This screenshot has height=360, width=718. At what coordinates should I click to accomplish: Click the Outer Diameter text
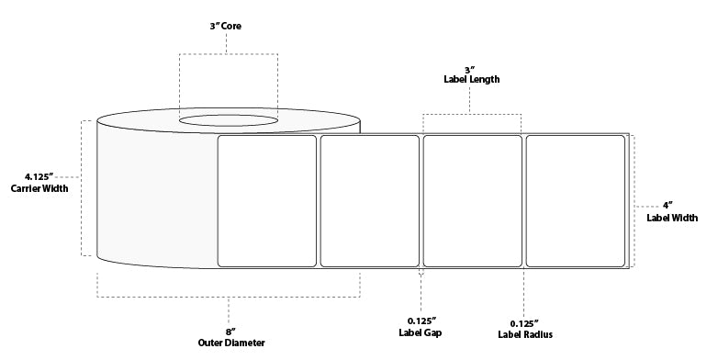230,343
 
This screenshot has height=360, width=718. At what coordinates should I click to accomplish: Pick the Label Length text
472,80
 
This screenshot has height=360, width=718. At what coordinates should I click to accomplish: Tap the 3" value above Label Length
470,68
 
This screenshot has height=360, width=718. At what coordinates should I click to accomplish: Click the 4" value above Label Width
672,205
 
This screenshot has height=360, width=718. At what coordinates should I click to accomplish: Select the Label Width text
672,218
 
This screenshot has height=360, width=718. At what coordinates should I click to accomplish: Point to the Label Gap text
421,333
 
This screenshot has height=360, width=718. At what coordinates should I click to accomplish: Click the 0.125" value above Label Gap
421,321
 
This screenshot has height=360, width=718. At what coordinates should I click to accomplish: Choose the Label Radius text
523,333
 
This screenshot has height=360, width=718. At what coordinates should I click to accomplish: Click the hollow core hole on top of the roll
228,120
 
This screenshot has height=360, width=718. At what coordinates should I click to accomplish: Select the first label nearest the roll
267,201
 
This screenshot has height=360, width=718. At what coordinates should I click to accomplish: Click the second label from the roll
369,201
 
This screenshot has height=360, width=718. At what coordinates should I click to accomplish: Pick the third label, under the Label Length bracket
472,201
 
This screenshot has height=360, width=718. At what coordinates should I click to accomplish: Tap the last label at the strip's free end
575,201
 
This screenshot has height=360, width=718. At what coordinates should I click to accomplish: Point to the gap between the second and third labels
421,201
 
